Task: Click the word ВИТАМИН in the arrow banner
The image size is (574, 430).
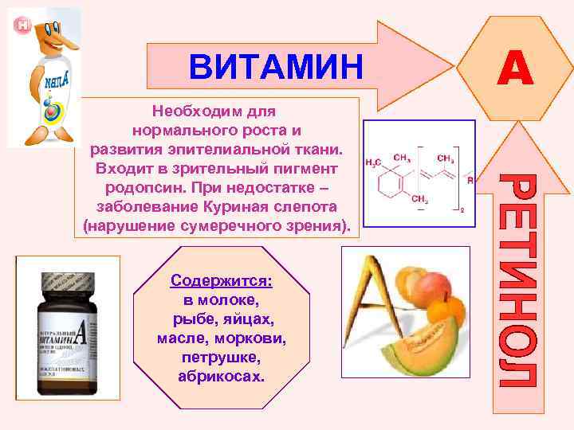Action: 276,66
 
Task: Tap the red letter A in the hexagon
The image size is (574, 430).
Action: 516,66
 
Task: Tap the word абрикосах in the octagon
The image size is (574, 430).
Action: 221,374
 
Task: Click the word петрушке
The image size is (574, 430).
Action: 221,356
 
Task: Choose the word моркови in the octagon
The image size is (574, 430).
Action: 257,338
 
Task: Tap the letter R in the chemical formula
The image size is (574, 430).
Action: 470,181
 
